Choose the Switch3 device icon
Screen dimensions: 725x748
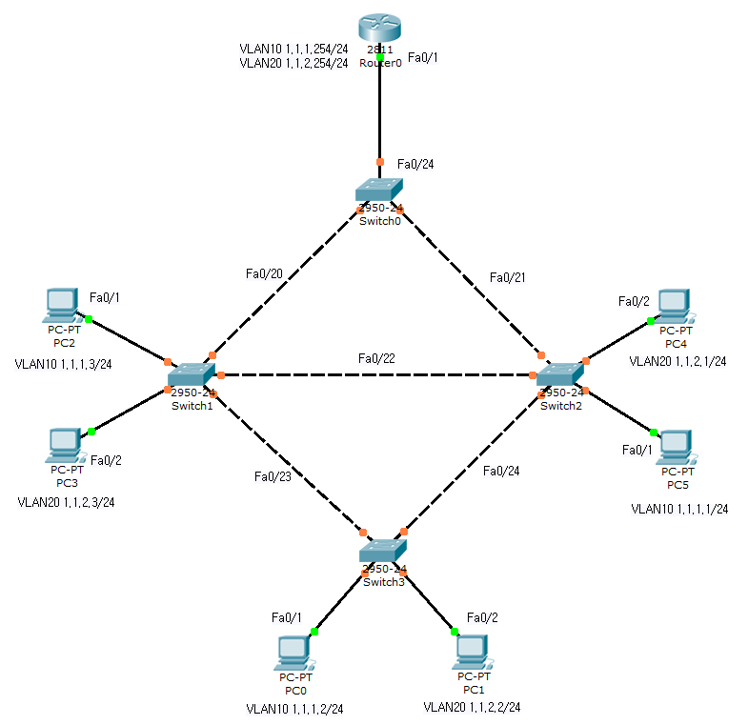tap(383, 552)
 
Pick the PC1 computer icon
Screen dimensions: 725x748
tap(473, 652)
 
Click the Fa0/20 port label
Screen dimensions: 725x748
tap(264, 273)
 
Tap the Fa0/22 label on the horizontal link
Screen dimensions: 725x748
tap(376, 358)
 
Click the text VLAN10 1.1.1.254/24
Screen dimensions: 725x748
tap(293, 48)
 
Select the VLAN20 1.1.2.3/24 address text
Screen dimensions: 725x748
tap(66, 502)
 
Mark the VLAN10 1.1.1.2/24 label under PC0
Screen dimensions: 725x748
tap(294, 708)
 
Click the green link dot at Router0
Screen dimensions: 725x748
tap(380, 58)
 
